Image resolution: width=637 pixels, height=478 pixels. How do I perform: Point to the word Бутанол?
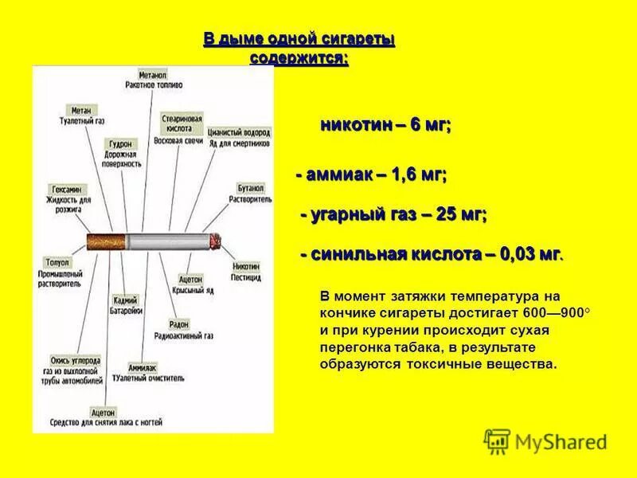pos(249,190)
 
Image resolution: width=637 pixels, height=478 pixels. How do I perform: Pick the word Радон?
pos(178,325)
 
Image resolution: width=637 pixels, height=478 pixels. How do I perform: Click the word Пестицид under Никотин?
pos(247,275)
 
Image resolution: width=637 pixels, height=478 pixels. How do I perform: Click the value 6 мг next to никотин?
pos(430,127)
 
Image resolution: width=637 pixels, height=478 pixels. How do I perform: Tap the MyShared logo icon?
pos(497,441)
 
